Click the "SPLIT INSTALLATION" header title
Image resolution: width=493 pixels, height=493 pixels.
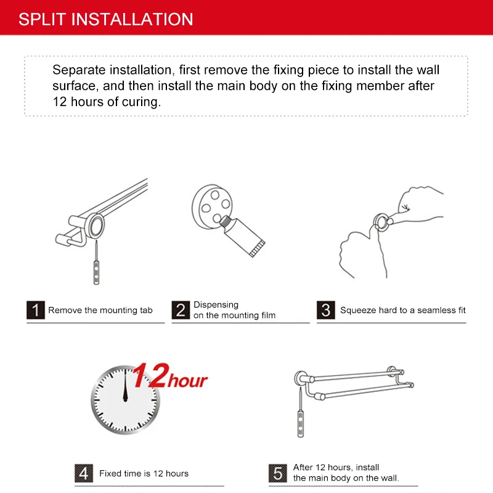[105, 18]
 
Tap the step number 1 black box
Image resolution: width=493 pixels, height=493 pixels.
[36, 310]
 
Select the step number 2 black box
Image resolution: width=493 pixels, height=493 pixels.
[180, 310]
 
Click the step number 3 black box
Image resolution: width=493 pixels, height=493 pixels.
[326, 310]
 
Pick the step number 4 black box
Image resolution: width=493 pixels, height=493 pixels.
[84, 473]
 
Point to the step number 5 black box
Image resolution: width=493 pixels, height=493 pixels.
[278, 473]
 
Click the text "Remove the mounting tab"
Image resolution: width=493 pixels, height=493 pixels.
[100, 311]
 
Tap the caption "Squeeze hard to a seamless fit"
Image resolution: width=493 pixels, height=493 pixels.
[402, 311]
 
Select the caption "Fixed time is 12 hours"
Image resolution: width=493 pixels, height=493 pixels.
[144, 474]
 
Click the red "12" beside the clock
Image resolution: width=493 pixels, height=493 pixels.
[150, 376]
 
